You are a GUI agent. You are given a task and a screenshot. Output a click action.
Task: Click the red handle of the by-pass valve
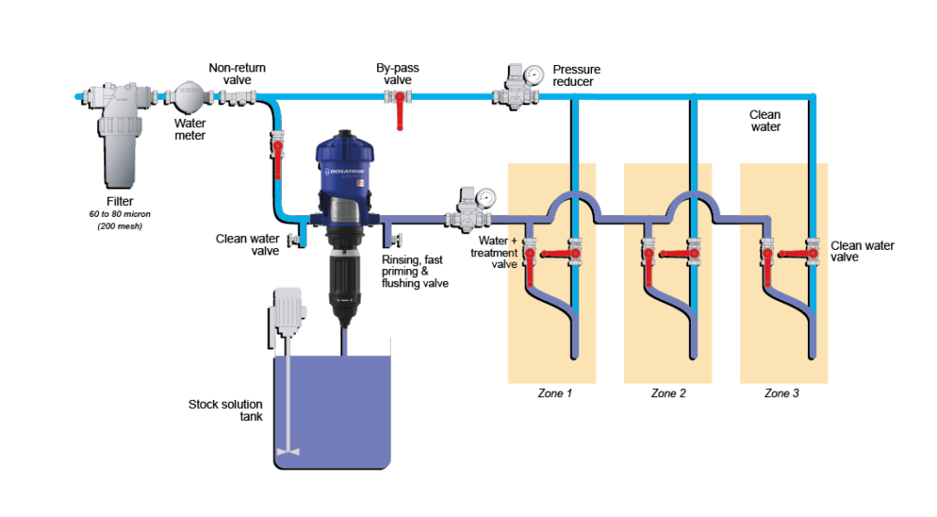coord(399,112)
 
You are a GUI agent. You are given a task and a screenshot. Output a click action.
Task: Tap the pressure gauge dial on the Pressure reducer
coord(533,75)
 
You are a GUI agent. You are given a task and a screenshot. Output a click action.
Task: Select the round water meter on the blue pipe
coord(189,96)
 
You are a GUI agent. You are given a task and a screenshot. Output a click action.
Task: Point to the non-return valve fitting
coord(237,97)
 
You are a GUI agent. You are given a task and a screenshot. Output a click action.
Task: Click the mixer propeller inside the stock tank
coord(288,452)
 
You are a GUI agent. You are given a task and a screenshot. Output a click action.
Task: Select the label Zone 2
coord(668,393)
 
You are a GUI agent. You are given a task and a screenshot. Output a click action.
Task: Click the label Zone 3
coord(781,393)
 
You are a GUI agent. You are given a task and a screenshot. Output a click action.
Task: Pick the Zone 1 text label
coord(555,393)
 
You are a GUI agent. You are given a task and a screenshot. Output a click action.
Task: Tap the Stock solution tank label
coord(225,411)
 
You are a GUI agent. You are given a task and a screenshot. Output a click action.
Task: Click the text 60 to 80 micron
coord(120,214)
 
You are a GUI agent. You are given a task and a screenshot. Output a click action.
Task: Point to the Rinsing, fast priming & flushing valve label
coord(415,272)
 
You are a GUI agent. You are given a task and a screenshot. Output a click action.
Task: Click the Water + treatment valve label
coord(494,253)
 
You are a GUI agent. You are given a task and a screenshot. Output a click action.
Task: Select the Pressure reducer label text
coord(576,76)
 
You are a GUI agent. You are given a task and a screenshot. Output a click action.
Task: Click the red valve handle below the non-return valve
coord(278,159)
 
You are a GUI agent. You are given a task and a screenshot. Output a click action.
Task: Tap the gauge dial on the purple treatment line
coord(487,198)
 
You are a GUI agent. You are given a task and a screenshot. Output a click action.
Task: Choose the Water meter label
coord(190,130)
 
